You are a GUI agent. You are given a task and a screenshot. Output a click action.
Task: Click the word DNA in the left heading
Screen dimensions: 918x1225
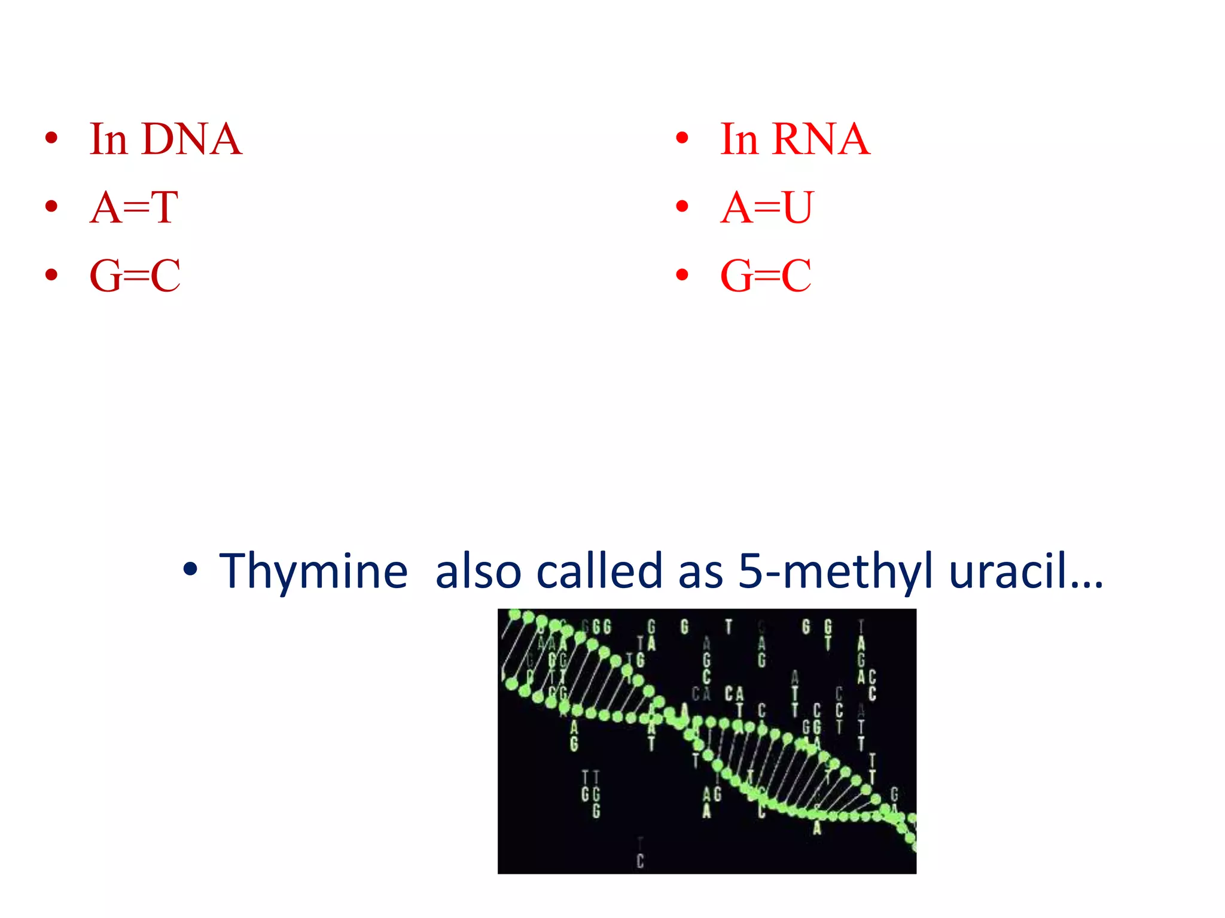pos(192,139)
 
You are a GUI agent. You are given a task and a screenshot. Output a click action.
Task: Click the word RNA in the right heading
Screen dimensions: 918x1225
pos(821,139)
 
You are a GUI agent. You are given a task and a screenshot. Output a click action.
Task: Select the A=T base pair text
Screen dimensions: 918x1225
pos(134,208)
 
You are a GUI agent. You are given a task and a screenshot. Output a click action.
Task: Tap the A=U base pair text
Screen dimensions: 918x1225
pos(767,208)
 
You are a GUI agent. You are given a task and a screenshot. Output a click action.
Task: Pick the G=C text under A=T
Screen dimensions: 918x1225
pos(135,276)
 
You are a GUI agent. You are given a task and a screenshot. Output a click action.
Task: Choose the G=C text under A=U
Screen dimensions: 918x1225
pos(766,276)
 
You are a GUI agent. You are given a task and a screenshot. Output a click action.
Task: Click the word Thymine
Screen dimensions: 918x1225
pos(313,572)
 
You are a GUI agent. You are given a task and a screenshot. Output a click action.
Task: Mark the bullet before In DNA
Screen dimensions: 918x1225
pos(51,139)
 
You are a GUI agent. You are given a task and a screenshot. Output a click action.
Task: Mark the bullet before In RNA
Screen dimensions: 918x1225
pos(682,139)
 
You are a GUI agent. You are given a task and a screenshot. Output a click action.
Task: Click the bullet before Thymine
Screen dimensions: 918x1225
pos(190,570)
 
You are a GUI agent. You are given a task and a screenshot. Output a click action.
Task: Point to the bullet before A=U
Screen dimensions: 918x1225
pos(682,207)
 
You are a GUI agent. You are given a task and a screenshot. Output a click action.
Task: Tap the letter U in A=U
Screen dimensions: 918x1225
pos(798,208)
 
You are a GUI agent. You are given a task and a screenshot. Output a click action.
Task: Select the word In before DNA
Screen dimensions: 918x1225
pos(109,139)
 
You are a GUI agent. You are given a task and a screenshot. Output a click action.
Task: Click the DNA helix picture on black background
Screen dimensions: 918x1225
pos(706,741)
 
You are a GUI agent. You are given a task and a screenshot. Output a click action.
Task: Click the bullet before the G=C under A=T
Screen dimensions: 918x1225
pos(51,275)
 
